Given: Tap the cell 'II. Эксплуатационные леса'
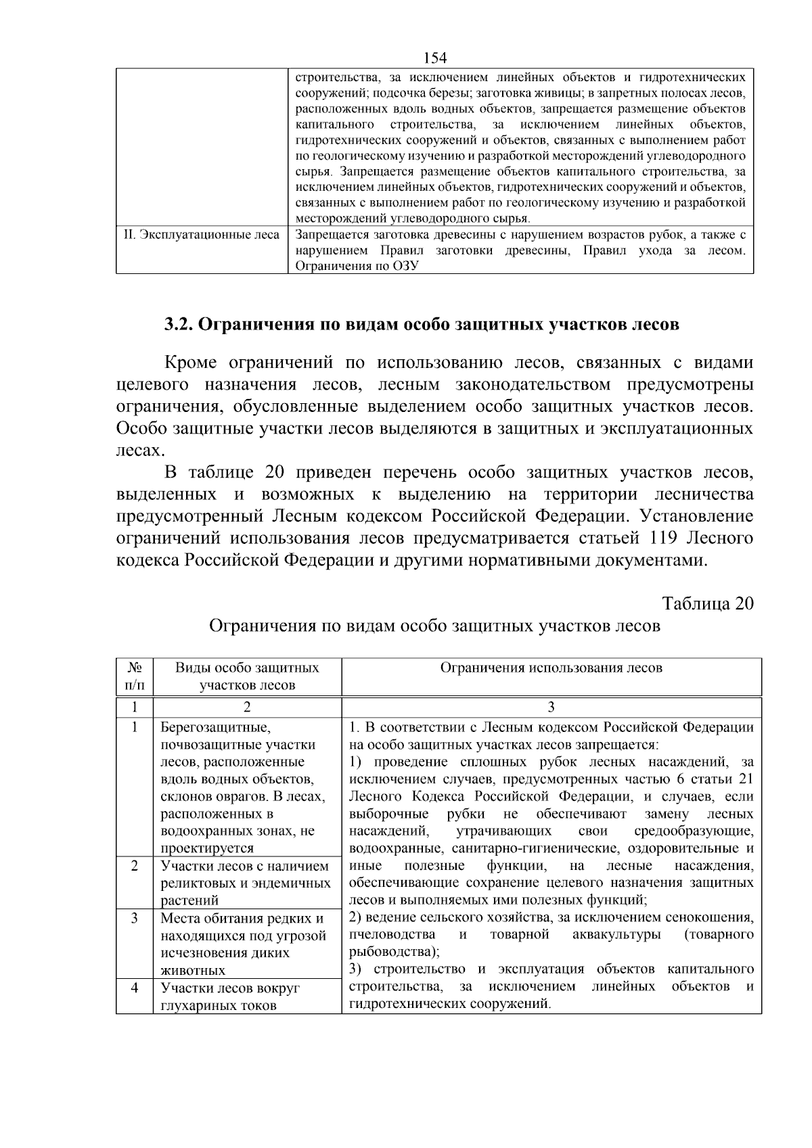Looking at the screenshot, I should tap(202, 235).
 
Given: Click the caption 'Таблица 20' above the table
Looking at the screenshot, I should tap(708, 603).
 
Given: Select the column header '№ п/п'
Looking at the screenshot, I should tap(135, 676).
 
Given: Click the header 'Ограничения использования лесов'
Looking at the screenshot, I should tap(551, 668).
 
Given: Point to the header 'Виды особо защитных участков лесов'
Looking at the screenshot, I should tap(247, 676).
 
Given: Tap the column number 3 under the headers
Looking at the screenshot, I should tap(551, 708).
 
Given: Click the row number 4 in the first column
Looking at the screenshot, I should tap(135, 988).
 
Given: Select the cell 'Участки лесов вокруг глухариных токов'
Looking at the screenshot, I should tap(230, 996).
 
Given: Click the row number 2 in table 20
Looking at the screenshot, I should tap(135, 867).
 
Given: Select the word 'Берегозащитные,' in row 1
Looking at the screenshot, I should tap(215, 728).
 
